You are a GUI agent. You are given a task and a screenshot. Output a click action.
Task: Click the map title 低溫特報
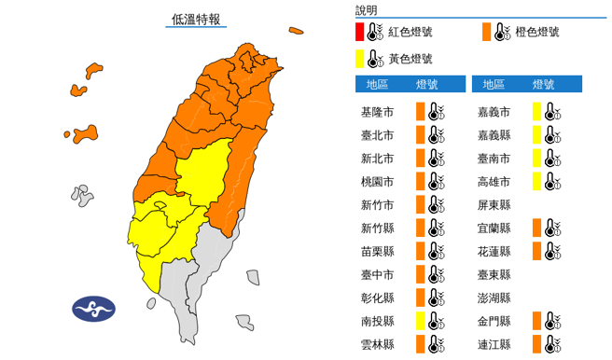[x=197, y=18]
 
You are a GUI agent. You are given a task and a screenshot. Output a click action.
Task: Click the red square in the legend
[x=360, y=33]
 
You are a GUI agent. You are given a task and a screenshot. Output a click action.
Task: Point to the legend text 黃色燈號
[x=410, y=59]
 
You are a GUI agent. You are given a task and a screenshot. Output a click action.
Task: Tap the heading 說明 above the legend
[x=367, y=10]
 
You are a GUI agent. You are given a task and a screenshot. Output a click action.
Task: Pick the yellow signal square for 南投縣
[x=421, y=322]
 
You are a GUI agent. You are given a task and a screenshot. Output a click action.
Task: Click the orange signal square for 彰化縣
[x=421, y=298]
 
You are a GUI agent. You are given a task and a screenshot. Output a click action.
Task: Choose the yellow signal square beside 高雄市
[x=537, y=182]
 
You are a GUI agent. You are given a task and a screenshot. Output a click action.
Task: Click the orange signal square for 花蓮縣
[x=537, y=252]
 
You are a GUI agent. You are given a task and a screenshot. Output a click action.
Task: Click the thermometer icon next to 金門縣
[x=554, y=322]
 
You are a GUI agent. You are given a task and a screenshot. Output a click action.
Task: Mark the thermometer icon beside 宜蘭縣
[x=554, y=228]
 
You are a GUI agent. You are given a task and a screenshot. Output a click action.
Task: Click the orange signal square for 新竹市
[x=421, y=205]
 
